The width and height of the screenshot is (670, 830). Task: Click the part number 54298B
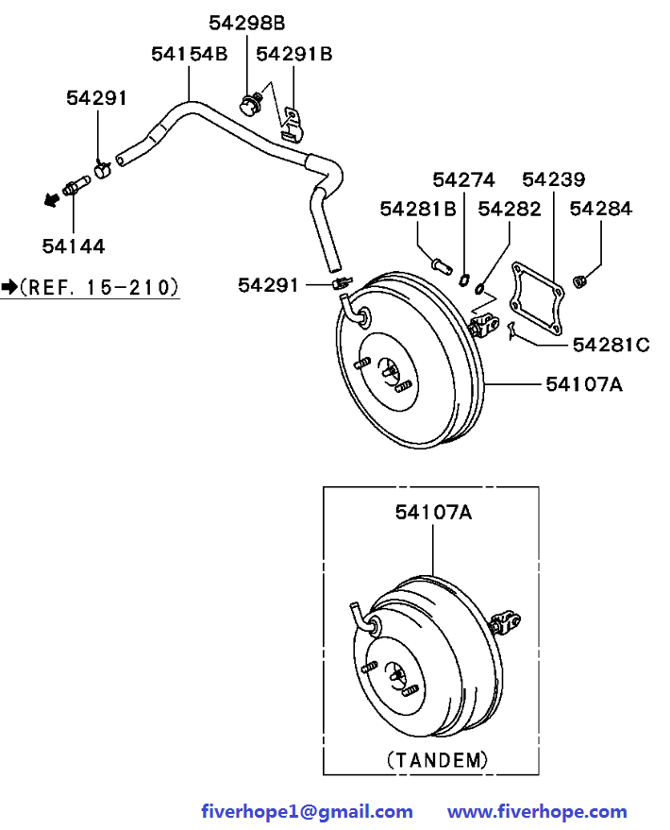coord(246,23)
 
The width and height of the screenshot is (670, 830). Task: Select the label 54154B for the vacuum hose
coord(189,54)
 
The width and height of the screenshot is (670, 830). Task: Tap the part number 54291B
coord(294,54)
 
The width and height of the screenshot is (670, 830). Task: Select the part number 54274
coord(463,179)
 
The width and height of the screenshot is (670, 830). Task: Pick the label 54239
coord(553,179)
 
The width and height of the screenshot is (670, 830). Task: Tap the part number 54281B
coord(418,209)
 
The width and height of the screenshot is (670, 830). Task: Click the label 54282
coord(510,209)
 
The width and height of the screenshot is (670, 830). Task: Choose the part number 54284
coord(601,209)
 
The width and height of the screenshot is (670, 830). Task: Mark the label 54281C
coord(611,345)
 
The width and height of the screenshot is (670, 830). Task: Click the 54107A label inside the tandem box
coord(433,512)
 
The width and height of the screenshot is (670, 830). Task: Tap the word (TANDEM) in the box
coord(438,758)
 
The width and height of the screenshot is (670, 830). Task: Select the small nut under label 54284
coord(580,279)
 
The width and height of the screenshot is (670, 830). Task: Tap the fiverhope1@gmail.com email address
coord(307,811)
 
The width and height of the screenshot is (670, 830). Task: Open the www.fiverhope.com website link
coord(536,811)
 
